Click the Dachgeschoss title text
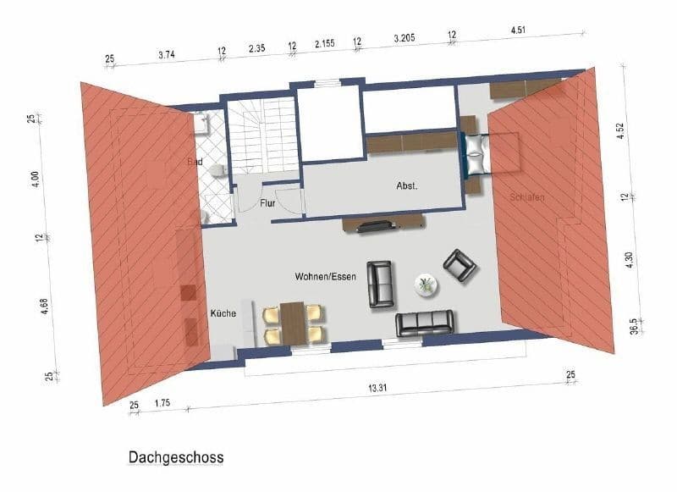point(176,458)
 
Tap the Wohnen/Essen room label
point(325,277)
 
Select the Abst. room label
point(408,185)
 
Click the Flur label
point(268,204)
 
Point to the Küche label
point(223,313)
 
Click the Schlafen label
point(526,197)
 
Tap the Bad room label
point(195,161)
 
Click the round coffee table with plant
point(426,285)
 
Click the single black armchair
point(460,265)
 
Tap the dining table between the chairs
point(294,323)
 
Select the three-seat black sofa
point(425,323)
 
